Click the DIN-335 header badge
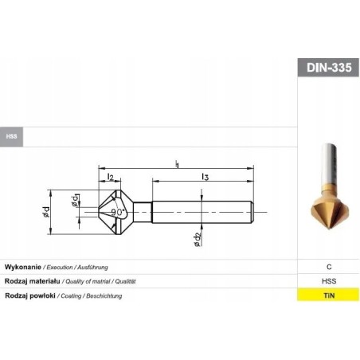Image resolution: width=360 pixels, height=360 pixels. (327, 67)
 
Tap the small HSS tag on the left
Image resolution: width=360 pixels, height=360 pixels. (11, 136)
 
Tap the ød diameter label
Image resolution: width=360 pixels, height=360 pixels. (47, 212)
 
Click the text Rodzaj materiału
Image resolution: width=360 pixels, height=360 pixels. (31, 281)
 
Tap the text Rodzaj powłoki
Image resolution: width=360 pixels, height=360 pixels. (29, 295)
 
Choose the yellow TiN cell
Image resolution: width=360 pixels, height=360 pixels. (328, 295)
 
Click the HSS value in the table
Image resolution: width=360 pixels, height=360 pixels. (328, 281)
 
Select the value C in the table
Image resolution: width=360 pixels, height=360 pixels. (328, 267)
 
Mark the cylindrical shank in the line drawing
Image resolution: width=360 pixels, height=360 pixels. (203, 212)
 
